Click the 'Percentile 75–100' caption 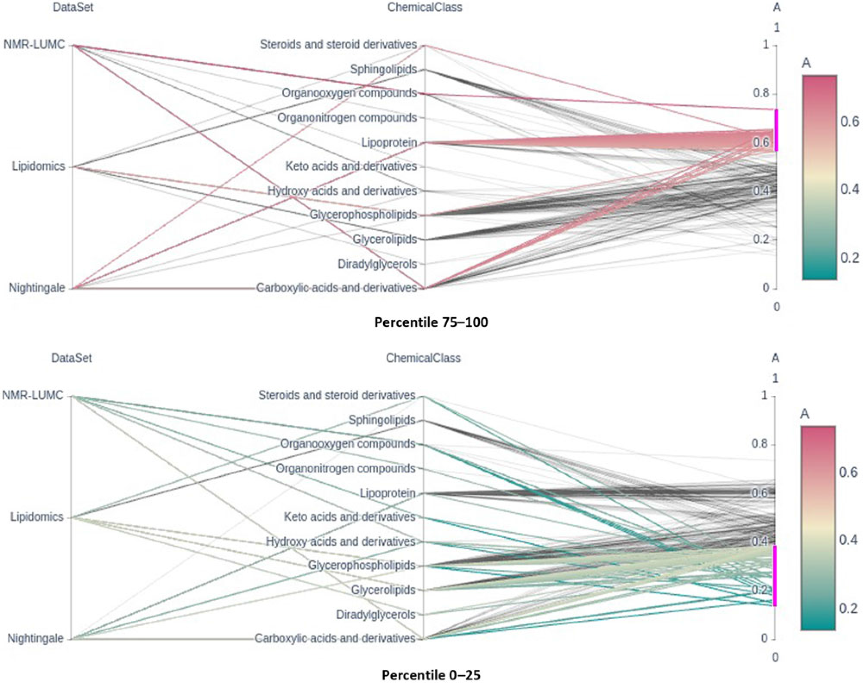431,322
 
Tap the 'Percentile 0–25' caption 431,674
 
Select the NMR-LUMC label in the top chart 34,45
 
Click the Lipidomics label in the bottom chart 37,517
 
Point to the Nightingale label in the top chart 37,288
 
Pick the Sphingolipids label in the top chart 383,69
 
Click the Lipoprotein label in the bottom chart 387,493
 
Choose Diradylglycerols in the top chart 377,264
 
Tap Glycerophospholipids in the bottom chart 361,566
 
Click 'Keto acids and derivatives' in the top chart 351,166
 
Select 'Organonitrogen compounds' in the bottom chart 345,468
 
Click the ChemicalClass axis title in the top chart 424,7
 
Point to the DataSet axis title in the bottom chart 71,358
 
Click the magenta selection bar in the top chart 776,130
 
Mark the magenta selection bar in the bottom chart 775,575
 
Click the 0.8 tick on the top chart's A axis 761,93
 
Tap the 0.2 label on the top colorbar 849,258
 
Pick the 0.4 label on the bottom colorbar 848,540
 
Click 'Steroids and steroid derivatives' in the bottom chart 336,395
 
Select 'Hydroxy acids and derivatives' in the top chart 342,191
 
